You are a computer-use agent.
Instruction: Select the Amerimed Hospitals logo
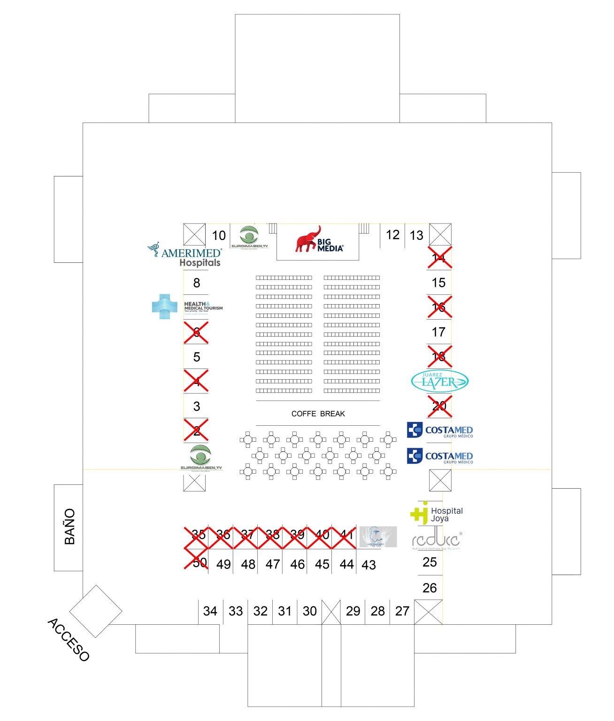(x=185, y=255)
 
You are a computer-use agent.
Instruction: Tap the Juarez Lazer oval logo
(x=439, y=381)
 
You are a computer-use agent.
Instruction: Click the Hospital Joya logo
(x=437, y=513)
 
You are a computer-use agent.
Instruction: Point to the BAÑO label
(x=69, y=526)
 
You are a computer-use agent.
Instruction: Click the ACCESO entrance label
(x=69, y=639)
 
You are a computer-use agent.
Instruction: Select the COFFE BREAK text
(x=318, y=414)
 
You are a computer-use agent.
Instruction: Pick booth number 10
(x=219, y=235)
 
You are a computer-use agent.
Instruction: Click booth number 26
(x=430, y=588)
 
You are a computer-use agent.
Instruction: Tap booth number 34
(x=210, y=611)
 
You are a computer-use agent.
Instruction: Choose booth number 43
(x=368, y=565)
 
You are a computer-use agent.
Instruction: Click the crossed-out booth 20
(x=439, y=406)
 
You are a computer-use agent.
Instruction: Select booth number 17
(x=438, y=332)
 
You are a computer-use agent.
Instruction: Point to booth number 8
(x=197, y=283)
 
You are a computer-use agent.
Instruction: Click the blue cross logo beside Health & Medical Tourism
(x=164, y=307)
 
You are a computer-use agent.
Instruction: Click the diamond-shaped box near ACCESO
(x=96, y=611)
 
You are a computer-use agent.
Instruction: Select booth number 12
(x=392, y=235)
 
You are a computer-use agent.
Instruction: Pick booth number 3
(x=197, y=406)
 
